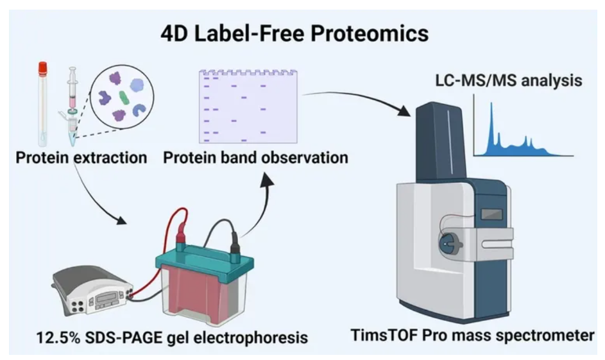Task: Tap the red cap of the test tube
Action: click(x=44, y=67)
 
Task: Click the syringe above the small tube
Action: click(x=73, y=90)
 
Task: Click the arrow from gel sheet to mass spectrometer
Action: click(x=359, y=99)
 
